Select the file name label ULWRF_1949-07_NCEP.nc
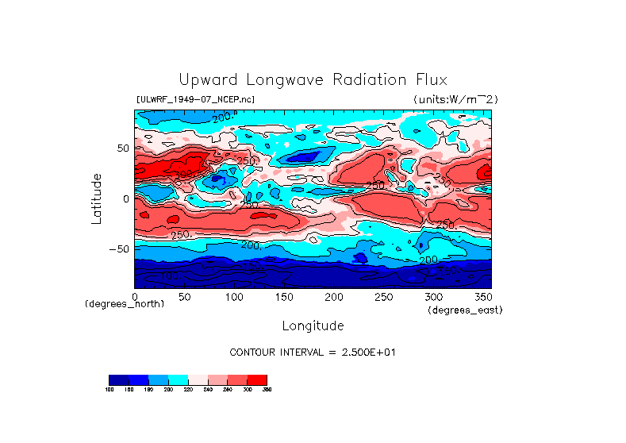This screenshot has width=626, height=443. click(195, 99)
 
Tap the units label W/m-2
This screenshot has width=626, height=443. click(455, 99)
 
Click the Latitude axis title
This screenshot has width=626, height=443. click(97, 198)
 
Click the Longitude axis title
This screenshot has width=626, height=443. click(313, 326)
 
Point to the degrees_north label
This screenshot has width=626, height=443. click(125, 303)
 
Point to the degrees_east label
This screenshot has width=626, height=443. click(465, 310)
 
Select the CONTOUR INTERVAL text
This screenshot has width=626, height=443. click(312, 352)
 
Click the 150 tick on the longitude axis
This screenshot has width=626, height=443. click(283, 297)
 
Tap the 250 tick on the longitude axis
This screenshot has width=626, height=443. click(382, 297)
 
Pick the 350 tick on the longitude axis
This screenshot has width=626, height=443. click(482, 297)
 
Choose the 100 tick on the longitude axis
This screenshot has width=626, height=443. click(234, 297)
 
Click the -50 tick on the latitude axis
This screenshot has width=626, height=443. click(117, 249)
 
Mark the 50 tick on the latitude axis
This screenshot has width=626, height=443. click(122, 148)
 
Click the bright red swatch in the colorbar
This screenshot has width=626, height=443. click(257, 379)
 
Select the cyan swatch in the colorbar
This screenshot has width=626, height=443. click(178, 379)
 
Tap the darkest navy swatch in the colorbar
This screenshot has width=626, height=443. click(118, 379)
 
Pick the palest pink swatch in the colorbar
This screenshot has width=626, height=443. click(198, 379)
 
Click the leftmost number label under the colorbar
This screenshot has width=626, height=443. click(109, 390)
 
